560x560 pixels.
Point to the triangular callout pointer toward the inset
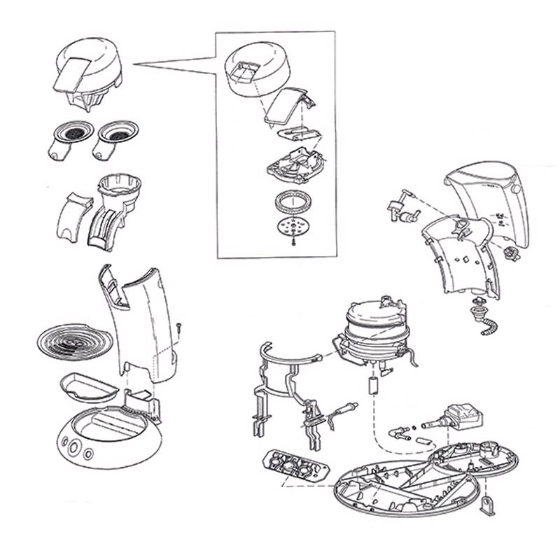175,64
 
